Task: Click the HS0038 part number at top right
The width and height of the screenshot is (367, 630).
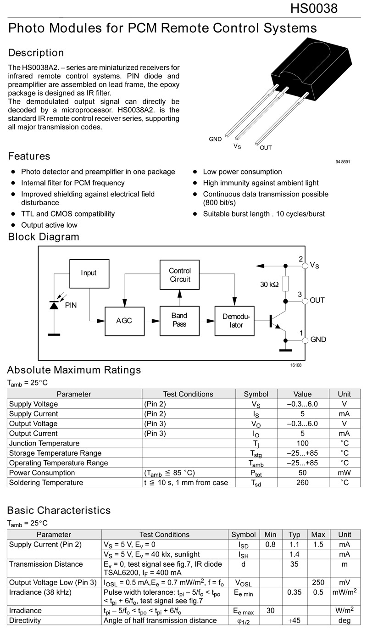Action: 314,8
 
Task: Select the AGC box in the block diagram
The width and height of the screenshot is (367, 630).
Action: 124,320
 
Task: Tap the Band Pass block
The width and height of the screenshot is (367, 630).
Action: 179,320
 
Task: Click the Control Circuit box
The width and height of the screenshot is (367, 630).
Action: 180,274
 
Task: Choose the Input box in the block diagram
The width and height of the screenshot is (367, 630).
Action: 89,273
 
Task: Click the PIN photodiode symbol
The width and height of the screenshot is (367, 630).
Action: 54,305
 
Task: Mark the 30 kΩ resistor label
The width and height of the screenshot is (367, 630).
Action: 269,284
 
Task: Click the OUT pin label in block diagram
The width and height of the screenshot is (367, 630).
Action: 317,301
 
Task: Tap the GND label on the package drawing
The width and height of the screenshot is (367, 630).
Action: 215,139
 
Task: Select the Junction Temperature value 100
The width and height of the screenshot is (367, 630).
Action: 302,443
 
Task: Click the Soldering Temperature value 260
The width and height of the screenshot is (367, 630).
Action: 302,483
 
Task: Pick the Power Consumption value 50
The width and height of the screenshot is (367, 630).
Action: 302,473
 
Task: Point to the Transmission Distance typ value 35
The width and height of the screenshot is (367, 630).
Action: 294,564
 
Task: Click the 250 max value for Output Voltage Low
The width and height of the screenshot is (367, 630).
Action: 318,582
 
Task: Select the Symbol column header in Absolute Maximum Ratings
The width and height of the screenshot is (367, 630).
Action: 256,394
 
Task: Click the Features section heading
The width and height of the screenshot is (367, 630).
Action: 29,156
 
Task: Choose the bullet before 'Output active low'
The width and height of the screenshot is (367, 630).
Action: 13,225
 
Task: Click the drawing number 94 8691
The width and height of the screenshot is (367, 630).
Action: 343,162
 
